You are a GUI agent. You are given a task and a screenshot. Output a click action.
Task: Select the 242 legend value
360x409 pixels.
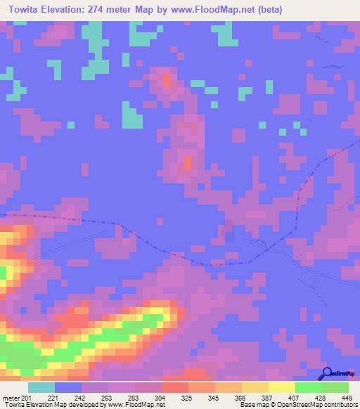(82, 398)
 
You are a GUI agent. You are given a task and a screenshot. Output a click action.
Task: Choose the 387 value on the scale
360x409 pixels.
(268, 398)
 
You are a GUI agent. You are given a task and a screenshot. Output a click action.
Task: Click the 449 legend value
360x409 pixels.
(347, 398)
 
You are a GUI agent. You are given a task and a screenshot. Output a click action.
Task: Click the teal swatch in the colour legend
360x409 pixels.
(41, 387)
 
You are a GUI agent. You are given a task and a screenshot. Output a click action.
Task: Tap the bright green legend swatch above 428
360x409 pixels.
(308, 387)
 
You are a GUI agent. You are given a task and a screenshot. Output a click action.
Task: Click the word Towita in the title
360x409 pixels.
(25, 11)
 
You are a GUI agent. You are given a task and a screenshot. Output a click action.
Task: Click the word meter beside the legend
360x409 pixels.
(12, 398)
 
